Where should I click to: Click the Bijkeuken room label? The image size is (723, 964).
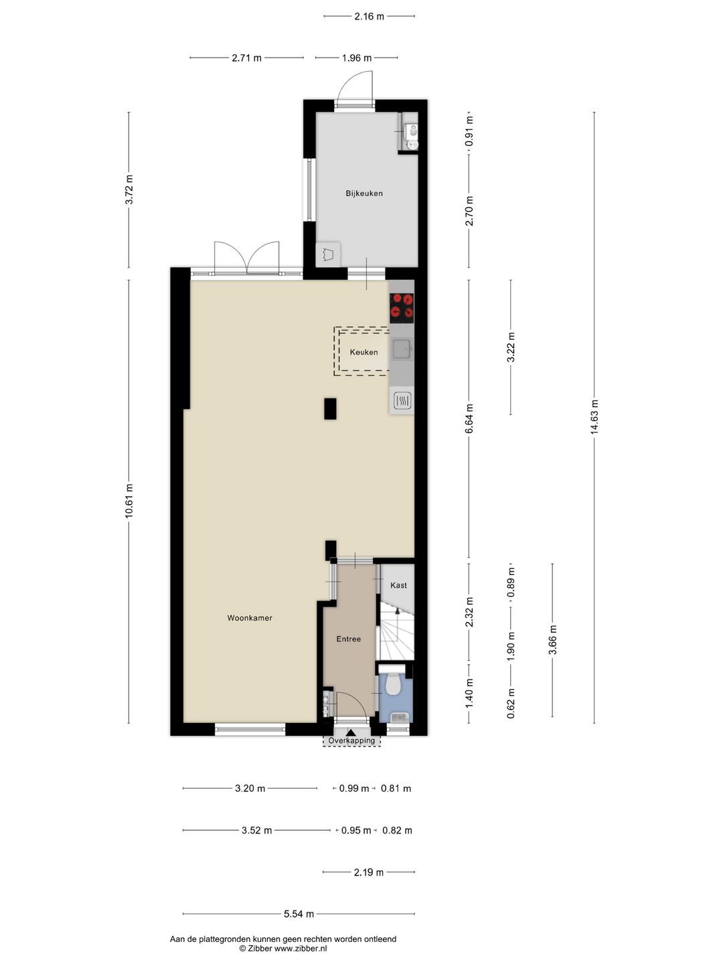[364, 193]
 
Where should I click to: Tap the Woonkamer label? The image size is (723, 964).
[249, 618]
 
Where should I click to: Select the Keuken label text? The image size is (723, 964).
[364, 352]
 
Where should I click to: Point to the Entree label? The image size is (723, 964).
[349, 639]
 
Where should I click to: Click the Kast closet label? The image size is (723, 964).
[398, 585]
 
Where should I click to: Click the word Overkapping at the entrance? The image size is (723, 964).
[351, 740]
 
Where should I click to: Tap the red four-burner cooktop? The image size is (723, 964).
[402, 306]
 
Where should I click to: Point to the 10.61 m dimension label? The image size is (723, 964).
[129, 501]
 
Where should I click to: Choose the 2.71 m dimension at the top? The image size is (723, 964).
[247, 58]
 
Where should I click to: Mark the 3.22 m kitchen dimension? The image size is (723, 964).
[511, 347]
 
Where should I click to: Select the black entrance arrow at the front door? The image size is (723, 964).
[351, 732]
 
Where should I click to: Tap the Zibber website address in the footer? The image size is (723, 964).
[301, 948]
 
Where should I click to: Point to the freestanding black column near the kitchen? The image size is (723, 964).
[330, 408]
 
